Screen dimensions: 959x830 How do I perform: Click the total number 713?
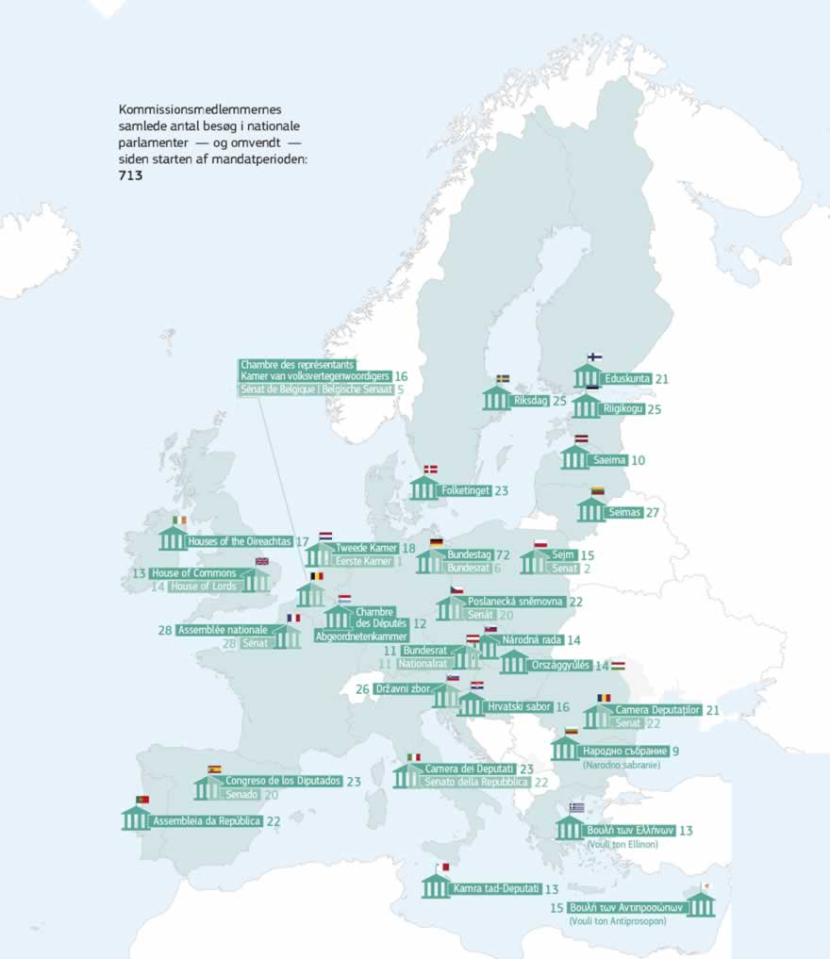(x=130, y=175)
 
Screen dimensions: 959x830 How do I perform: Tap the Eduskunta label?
(x=627, y=379)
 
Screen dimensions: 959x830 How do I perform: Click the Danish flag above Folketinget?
(x=430, y=469)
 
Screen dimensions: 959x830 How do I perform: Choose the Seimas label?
(x=624, y=512)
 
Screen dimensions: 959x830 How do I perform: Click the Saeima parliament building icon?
(x=574, y=457)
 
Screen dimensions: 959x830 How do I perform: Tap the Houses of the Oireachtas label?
(x=241, y=542)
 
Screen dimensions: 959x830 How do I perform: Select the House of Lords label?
(x=206, y=587)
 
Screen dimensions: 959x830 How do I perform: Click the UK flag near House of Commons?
(x=261, y=562)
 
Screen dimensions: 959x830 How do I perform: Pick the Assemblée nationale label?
(x=223, y=629)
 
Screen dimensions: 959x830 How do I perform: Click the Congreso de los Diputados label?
(x=283, y=781)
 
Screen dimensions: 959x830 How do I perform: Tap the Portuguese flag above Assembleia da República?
(x=142, y=800)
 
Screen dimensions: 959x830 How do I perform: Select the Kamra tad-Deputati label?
(x=496, y=888)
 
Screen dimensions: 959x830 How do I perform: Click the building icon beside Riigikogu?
(x=586, y=406)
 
